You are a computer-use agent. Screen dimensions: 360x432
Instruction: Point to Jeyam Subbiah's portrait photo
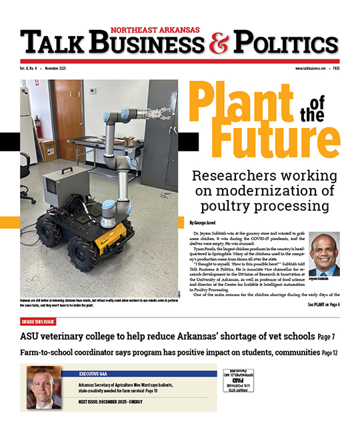point(325,254)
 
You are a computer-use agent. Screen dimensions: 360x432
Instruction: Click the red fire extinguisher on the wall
point(39,125)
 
